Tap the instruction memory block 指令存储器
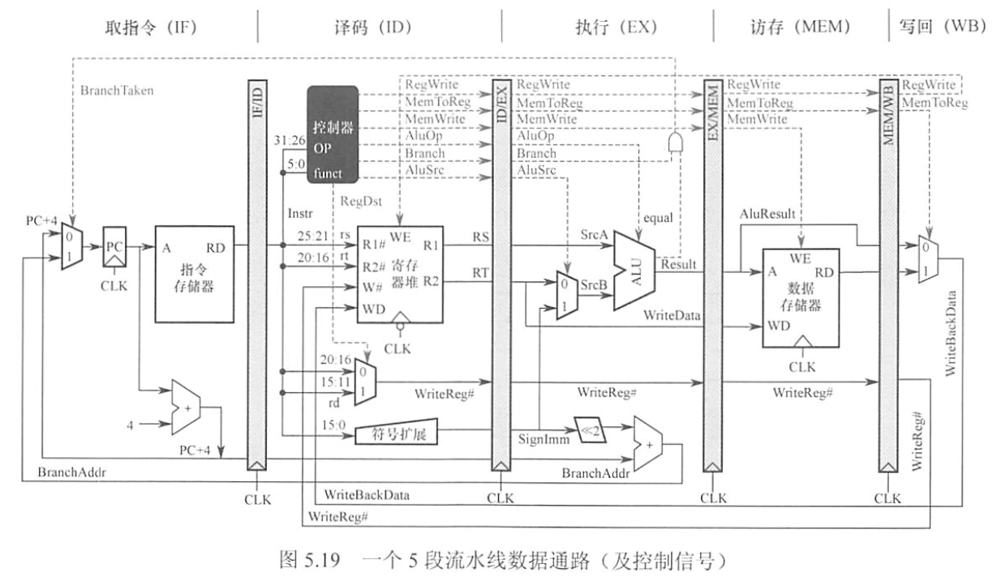pos(195,273)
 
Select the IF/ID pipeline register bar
pos(255,275)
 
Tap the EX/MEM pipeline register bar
pos(712,275)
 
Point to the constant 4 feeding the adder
pos(129,423)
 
